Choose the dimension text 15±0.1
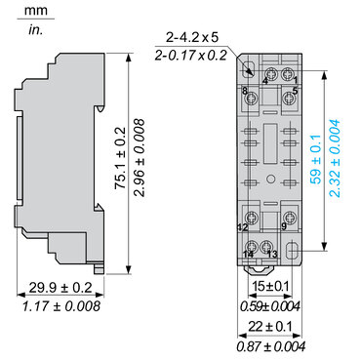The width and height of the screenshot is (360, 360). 272,285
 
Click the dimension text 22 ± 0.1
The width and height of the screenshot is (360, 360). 272,326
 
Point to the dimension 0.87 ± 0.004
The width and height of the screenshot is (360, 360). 272,344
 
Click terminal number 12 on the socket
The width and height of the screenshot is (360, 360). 243,227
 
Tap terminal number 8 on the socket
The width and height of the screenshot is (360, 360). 245,91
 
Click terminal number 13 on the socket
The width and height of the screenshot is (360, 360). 272,255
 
